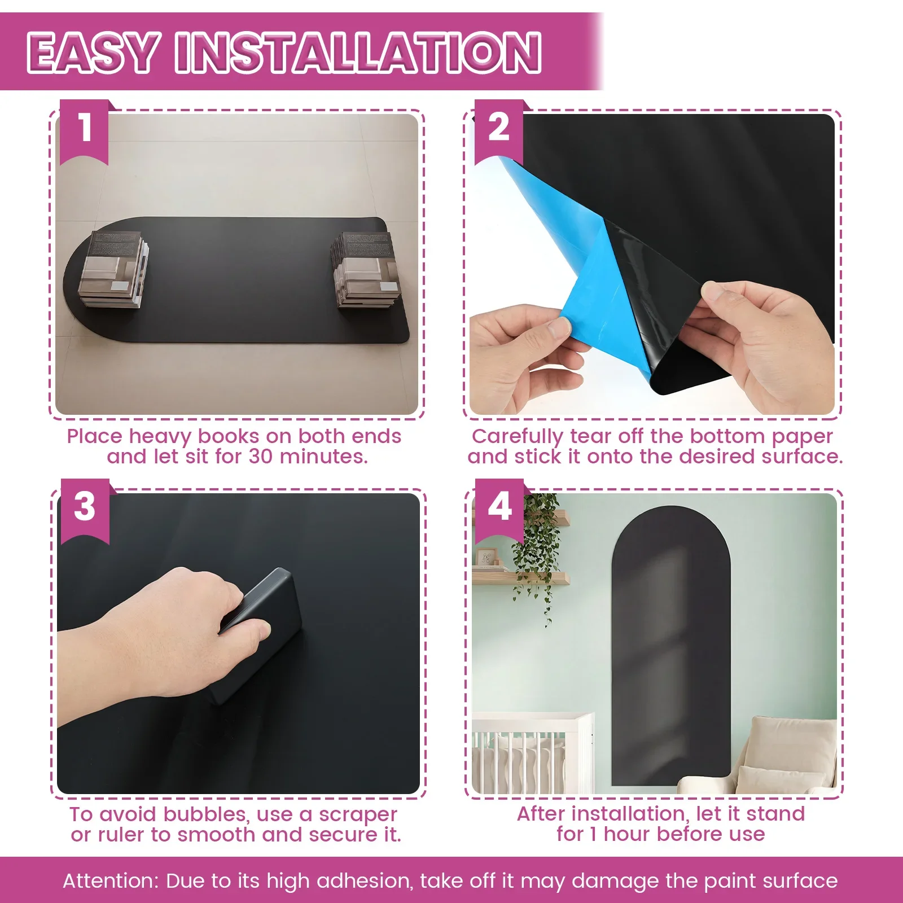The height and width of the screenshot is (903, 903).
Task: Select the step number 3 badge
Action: (x=85, y=511)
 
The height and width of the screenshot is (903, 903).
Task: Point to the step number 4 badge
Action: (x=499, y=511)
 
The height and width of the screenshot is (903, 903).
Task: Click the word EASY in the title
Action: (x=92, y=52)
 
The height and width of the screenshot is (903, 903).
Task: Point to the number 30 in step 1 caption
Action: (x=261, y=457)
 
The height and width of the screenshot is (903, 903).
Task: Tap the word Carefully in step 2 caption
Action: (x=517, y=437)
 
